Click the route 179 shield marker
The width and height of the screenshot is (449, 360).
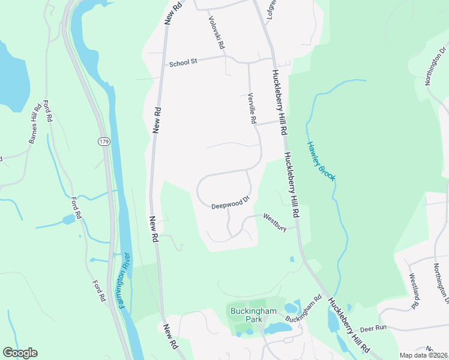(103, 140)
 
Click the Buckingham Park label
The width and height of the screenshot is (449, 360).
(245, 314)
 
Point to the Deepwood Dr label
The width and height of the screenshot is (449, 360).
(230, 204)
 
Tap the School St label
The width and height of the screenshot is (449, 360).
(183, 62)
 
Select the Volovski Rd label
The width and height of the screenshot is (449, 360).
(216, 32)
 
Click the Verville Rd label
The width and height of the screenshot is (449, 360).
(253, 109)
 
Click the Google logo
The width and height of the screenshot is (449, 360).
(20, 353)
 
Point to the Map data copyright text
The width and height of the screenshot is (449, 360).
(424, 355)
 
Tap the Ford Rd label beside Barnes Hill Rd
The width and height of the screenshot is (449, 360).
(47, 111)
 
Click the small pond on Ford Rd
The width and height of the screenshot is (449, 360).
(68, 220)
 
